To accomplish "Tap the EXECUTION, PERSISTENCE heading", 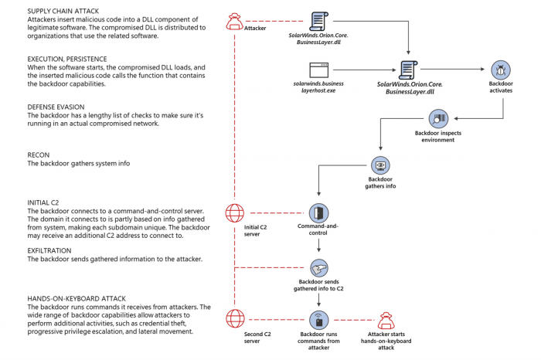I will coord(73,58).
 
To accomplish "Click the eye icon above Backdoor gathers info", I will coord(379,166).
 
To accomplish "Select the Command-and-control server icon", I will coord(318,213).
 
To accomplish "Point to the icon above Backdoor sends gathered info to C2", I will coord(318,267).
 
